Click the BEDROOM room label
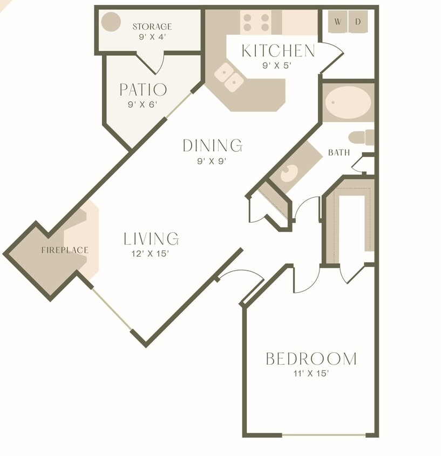[x=311, y=359]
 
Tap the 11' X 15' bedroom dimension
[x=311, y=373]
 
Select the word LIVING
[x=151, y=239]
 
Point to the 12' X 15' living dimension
[x=151, y=253]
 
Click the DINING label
[x=212, y=146]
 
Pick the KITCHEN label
[x=278, y=51]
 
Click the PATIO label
[x=143, y=90]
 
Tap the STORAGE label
[x=152, y=26]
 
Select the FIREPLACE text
[x=65, y=250]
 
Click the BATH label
[x=339, y=153]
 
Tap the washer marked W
[x=338, y=22]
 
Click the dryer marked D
[x=358, y=22]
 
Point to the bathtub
[x=348, y=103]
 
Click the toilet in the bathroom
[x=360, y=137]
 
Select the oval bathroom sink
[x=289, y=173]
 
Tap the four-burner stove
[x=256, y=22]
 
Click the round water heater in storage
[x=111, y=22]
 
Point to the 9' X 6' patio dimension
[x=143, y=105]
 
